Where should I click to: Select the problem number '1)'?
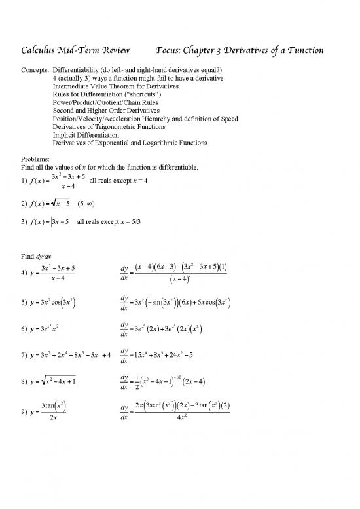click(x=25, y=181)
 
